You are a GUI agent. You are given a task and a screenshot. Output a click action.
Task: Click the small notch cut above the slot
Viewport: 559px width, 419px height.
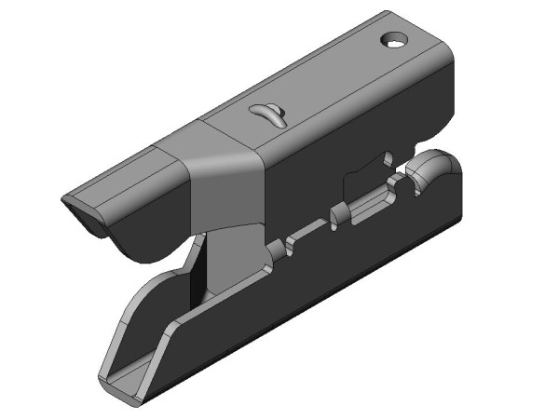pos(387,157)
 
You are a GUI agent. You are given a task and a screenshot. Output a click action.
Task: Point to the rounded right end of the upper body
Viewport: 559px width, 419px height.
pos(447,65)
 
